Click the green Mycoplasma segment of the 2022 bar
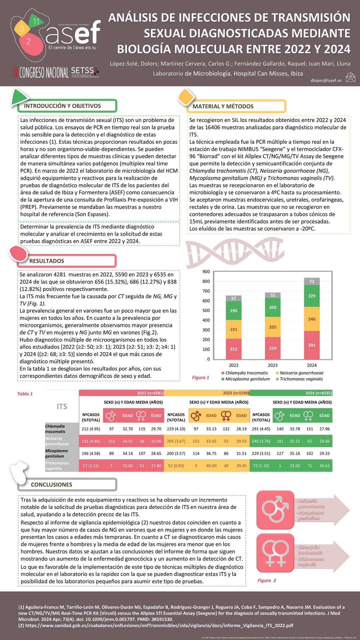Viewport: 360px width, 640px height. coord(234,310)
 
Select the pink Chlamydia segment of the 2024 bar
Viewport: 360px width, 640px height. coord(312,345)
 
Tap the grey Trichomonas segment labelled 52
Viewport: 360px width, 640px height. coord(273,295)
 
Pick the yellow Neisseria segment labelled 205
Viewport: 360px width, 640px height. coord(273,327)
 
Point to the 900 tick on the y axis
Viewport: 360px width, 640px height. coord(206,272)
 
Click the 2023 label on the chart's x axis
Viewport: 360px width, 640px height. coord(273,365)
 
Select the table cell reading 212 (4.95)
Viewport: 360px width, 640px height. coord(91,429)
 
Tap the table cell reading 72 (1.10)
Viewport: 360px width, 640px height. coord(261,466)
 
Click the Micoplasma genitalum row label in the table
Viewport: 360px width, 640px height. coord(56,453)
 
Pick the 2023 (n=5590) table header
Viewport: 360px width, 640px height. coord(236,393)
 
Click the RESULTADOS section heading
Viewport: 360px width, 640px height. coord(47,261)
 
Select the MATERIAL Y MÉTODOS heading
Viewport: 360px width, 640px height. coord(223,106)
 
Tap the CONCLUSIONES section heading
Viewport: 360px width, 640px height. coord(51,485)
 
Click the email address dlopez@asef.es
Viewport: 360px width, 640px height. coord(326,80)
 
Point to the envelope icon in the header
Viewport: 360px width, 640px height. coord(350,78)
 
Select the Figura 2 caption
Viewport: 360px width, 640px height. coord(267,581)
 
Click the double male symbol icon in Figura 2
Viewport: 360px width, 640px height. coord(275,510)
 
